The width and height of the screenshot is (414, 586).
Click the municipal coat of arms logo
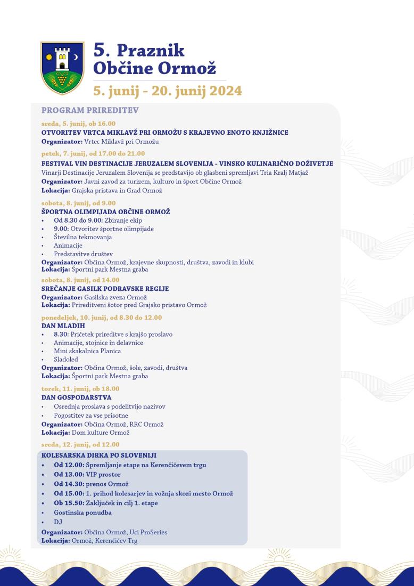point(62,68)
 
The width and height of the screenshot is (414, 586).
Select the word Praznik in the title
point(151,51)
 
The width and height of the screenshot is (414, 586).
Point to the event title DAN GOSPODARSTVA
point(76,397)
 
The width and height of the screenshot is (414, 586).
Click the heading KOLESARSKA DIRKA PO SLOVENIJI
point(99,456)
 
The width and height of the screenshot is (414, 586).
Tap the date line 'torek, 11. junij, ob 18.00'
point(80,388)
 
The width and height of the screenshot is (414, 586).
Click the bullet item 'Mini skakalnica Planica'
point(87,351)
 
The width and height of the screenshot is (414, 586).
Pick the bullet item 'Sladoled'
point(65,360)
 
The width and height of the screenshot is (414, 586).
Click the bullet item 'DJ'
point(58,522)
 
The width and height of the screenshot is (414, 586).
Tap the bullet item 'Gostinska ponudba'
point(82,512)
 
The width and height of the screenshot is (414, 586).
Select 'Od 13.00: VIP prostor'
point(87,474)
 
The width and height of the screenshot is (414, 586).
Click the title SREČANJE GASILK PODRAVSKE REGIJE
point(105,289)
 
